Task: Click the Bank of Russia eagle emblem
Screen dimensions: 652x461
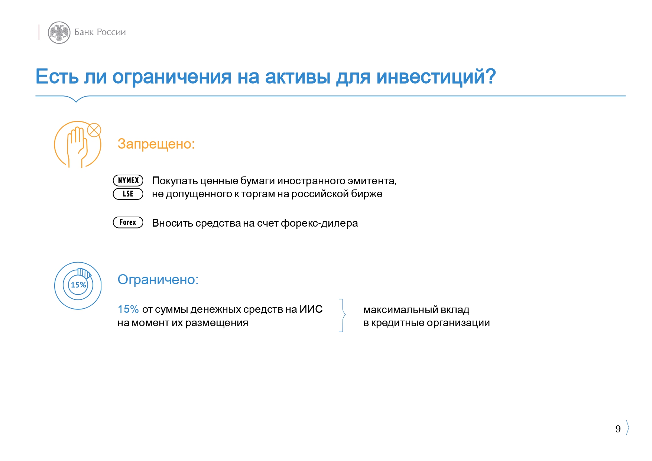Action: pyautogui.click(x=59, y=32)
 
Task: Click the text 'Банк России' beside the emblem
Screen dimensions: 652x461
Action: pyautogui.click(x=100, y=32)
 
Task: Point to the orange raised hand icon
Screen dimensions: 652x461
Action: pyautogui.click(x=77, y=146)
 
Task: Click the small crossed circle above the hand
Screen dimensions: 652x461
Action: pyautogui.click(x=94, y=130)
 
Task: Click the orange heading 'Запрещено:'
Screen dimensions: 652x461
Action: pyautogui.click(x=156, y=144)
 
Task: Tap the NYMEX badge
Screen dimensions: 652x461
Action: pyautogui.click(x=128, y=181)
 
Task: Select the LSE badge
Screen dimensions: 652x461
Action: pyautogui.click(x=128, y=194)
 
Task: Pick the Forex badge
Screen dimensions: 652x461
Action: pyautogui.click(x=128, y=222)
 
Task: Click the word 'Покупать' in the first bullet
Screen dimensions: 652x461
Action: pyautogui.click(x=175, y=181)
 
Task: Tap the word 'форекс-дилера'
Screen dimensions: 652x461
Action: pyautogui.click(x=319, y=223)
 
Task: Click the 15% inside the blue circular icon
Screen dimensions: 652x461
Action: pyautogui.click(x=78, y=285)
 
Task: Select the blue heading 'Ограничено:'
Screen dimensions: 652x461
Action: pyautogui.click(x=158, y=279)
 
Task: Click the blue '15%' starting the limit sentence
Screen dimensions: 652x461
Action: pyautogui.click(x=128, y=309)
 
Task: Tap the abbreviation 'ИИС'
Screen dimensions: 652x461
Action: pyautogui.click(x=311, y=309)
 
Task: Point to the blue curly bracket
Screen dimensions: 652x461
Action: pyautogui.click(x=343, y=315)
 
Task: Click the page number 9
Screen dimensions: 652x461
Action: pyautogui.click(x=618, y=429)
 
